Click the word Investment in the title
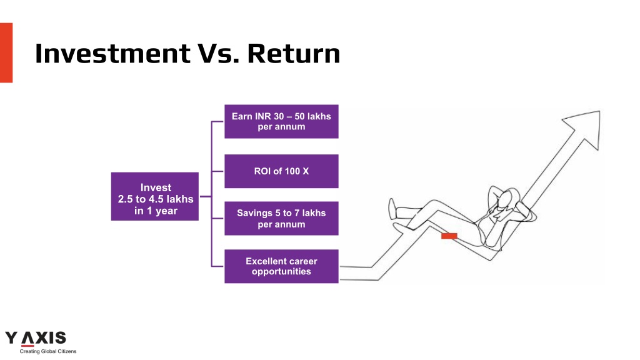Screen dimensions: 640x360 112,54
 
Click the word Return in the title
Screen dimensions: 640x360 294,54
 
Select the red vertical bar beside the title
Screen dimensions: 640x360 6,52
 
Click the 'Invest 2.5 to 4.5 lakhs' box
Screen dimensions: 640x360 155,196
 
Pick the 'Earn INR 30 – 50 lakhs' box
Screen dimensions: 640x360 281,122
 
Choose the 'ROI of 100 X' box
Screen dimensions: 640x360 281,171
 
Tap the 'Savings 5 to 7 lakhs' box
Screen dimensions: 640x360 281,218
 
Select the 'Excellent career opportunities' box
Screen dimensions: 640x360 281,266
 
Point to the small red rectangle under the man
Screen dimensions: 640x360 449,236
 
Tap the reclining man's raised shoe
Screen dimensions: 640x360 392,209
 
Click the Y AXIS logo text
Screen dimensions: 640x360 36,338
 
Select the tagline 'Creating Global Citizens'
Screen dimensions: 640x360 48,351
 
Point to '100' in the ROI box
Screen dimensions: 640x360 292,171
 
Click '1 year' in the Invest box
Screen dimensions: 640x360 162,211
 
